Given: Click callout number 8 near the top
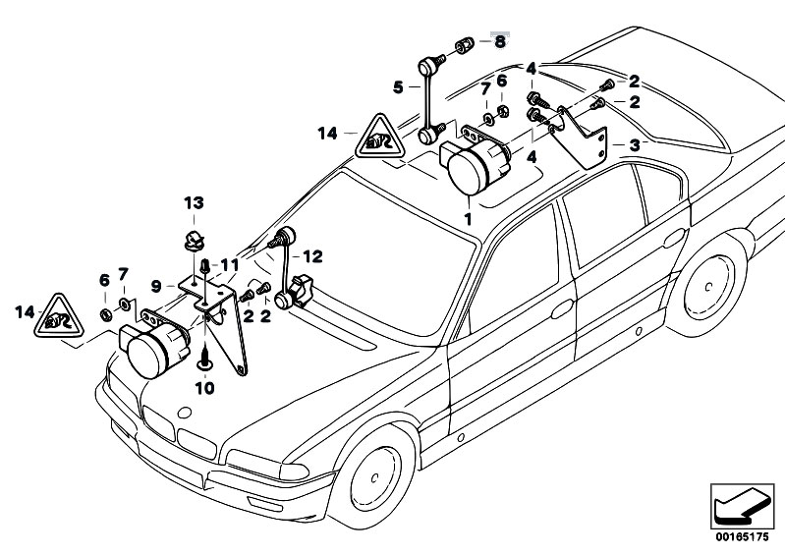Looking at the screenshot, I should (499, 41).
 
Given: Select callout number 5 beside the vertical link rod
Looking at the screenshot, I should (398, 87).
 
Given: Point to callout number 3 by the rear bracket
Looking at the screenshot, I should (635, 143).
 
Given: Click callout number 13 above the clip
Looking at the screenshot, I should (195, 202).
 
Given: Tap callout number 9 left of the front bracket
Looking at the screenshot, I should (155, 286).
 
